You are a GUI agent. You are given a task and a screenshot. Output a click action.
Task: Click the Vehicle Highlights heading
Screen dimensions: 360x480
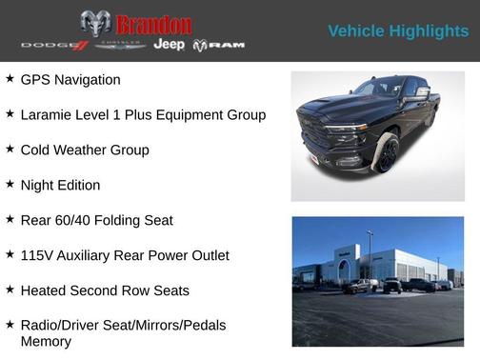coord(398,31)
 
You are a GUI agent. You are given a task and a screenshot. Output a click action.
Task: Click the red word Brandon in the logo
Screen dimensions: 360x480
coord(152,24)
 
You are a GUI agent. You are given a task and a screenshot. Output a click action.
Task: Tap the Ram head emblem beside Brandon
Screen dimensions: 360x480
coord(95,24)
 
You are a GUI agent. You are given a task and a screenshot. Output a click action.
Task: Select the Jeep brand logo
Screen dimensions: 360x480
coord(169,45)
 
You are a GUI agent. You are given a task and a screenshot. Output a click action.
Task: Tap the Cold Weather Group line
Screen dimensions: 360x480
coord(84,150)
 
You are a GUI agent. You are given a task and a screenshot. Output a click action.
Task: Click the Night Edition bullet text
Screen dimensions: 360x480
coord(59,185)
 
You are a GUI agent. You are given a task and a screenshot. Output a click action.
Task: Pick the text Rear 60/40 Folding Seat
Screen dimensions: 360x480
coord(96,220)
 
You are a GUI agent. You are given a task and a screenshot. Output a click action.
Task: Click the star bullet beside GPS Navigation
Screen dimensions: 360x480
coord(10,79)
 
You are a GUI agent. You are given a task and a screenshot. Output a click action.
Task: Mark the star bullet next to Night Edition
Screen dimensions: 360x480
coord(10,184)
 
